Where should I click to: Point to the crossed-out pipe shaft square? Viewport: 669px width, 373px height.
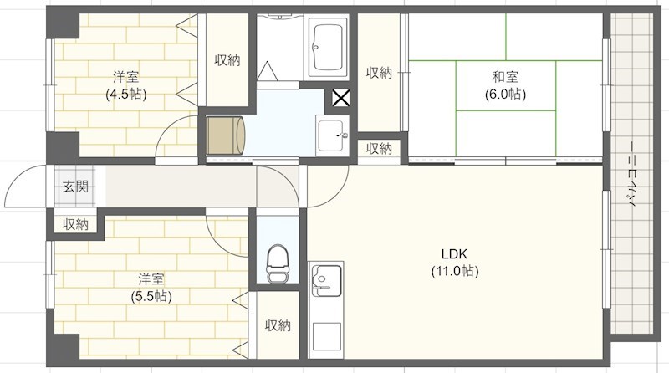[x=341, y=100]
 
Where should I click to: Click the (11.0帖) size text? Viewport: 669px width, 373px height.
[x=455, y=271]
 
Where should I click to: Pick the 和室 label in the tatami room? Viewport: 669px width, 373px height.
[x=505, y=78]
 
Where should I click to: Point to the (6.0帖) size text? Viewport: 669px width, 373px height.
[x=505, y=95]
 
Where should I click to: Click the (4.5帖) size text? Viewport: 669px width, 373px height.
[x=125, y=95]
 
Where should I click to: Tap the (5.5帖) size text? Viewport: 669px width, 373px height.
[x=151, y=296]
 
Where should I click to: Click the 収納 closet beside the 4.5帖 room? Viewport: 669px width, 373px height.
[x=227, y=60]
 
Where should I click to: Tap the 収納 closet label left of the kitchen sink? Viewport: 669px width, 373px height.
[x=278, y=325]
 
